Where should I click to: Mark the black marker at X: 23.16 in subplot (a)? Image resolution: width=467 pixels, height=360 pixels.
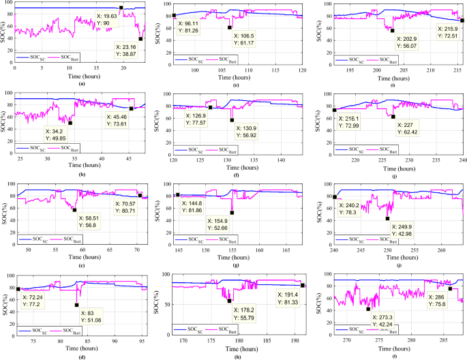(x=140, y=39)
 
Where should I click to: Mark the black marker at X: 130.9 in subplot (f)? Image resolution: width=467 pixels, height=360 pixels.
(x=232, y=120)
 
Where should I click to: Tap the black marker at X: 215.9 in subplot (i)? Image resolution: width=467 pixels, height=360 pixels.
(x=462, y=20)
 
